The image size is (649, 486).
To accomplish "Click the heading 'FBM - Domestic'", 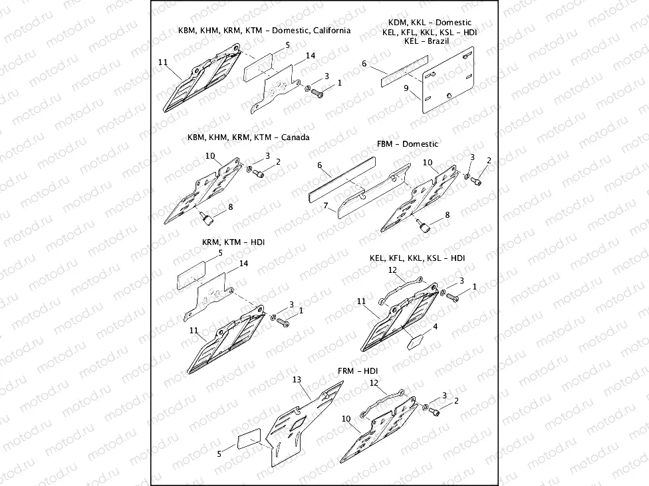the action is [407, 144].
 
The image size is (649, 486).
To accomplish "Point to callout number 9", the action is [406, 88].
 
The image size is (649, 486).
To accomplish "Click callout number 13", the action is [297, 379].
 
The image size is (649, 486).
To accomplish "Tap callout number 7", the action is [327, 206].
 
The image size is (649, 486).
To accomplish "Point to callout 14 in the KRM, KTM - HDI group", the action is [243, 264].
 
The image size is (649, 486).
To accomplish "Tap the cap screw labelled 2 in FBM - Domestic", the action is [477, 181].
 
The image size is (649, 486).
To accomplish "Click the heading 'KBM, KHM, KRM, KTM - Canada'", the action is [248, 137].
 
